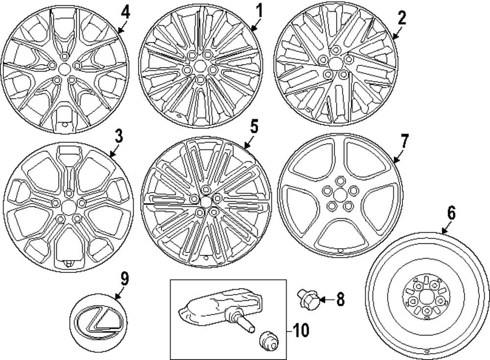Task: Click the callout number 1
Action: [x=259, y=10]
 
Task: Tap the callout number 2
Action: [x=402, y=18]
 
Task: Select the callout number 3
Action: [x=119, y=137]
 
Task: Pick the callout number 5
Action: [x=253, y=127]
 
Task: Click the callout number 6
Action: [x=451, y=213]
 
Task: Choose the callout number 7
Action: [x=404, y=141]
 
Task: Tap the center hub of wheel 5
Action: [x=206, y=201]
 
